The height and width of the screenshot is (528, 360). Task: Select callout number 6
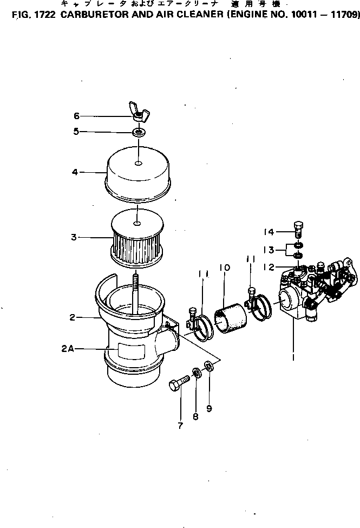point(76,116)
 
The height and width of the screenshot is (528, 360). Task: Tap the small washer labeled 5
point(139,132)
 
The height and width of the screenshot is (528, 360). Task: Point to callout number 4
point(75,173)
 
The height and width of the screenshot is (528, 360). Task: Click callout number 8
point(195,416)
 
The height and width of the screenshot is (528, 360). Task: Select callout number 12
point(269,267)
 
